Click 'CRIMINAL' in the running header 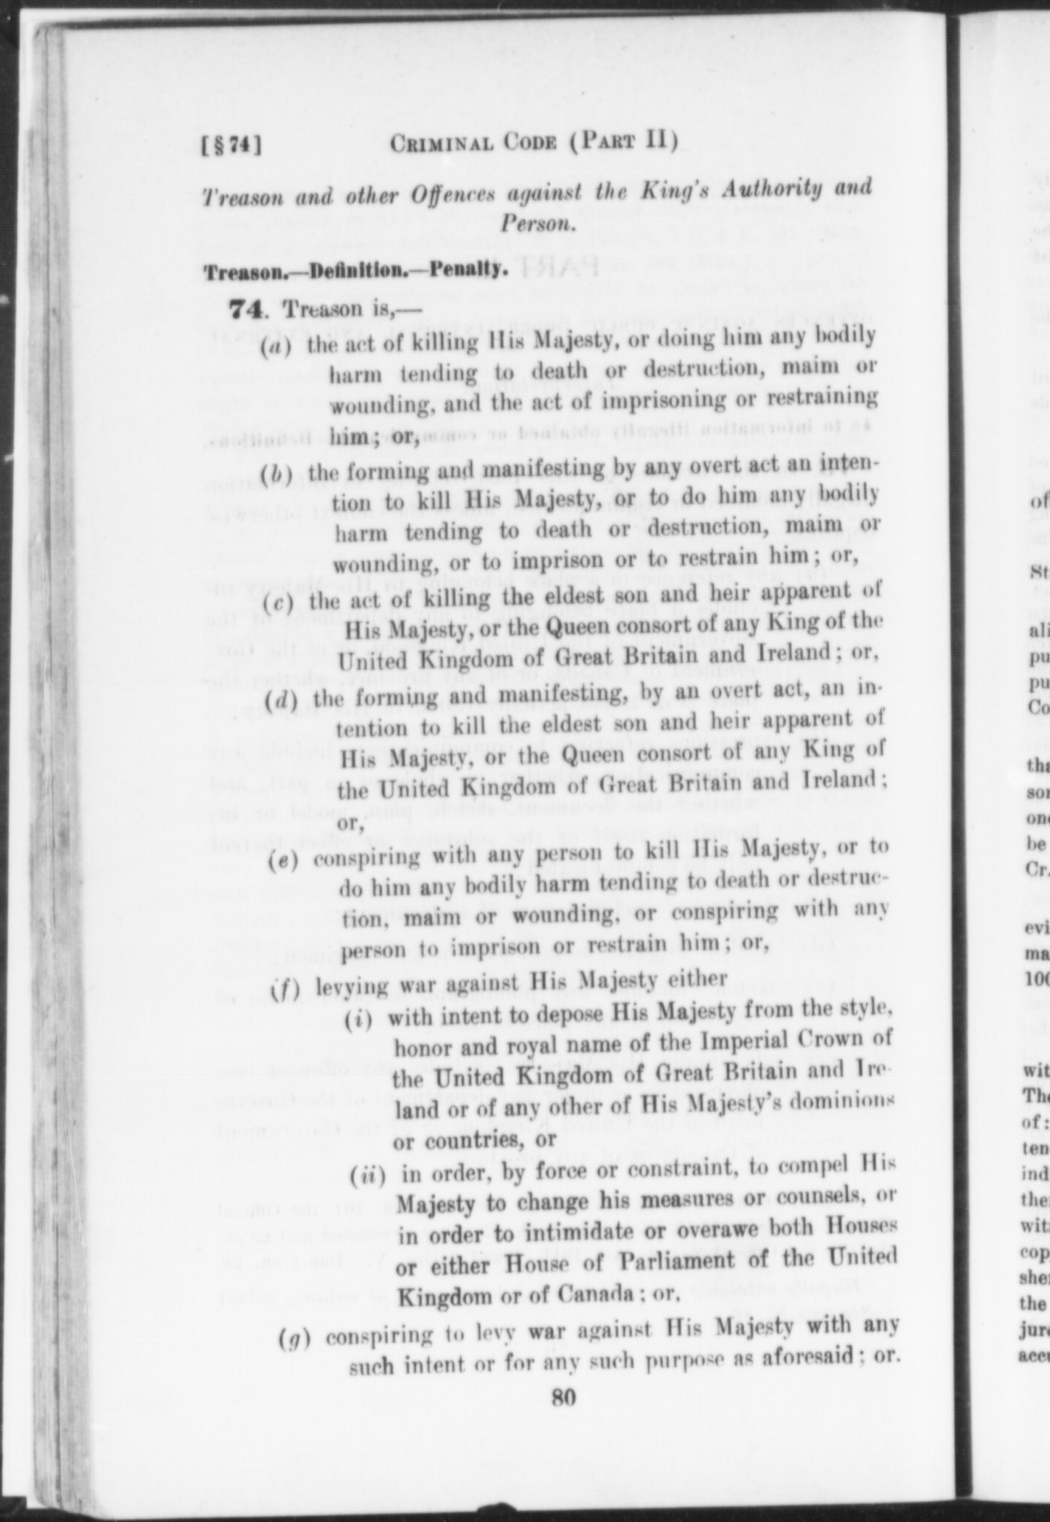click(x=442, y=143)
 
